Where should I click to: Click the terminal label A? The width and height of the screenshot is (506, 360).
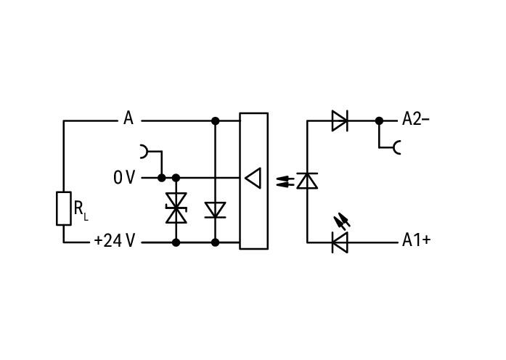coord(128,118)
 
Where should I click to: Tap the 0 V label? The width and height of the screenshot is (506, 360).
coord(124,177)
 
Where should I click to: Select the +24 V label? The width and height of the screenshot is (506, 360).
coord(114,241)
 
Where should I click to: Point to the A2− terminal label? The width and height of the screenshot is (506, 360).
coord(416,119)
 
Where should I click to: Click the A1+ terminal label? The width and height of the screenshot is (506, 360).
coord(416,240)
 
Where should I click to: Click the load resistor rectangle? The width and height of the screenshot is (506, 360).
coord(64,208)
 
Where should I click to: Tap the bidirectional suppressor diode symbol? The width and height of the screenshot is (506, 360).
coord(176,208)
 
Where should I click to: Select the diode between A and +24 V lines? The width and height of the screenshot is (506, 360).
coord(215,210)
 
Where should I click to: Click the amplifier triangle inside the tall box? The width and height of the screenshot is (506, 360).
coord(253,178)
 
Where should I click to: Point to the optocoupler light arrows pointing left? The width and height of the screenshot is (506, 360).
coord(285,181)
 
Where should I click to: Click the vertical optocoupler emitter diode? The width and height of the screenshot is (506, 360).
coord(307,181)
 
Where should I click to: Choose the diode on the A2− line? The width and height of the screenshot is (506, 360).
coord(340,121)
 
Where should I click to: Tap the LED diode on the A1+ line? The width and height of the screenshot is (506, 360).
coord(340,242)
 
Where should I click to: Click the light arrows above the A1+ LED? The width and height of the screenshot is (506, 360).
coord(342,222)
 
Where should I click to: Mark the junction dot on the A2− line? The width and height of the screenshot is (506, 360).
coord(379,121)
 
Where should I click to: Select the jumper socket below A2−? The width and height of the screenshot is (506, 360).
coord(397,147)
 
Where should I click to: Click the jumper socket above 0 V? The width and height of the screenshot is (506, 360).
coord(144,152)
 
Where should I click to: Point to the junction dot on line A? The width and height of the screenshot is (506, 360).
coord(215,121)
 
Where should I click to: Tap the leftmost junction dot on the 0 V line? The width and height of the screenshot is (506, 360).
coord(162,178)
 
